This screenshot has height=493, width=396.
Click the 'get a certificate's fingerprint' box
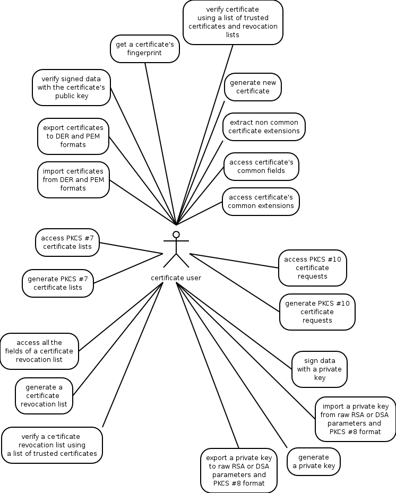point(145,49)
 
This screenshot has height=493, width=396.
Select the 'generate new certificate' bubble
point(253,87)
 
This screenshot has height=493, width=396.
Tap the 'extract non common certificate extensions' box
point(264,126)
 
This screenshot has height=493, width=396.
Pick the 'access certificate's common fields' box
point(261,166)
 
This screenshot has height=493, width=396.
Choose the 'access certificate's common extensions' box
point(261,202)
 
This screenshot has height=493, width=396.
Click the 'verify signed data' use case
point(71,87)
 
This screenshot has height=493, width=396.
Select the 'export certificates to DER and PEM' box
point(73,136)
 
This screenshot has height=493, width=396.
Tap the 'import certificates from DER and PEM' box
point(73,180)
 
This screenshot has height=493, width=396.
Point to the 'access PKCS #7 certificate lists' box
point(67,242)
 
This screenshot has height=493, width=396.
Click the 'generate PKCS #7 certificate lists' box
point(58,283)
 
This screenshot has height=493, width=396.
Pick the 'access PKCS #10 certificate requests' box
point(313,267)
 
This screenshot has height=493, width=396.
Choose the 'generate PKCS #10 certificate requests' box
point(317,312)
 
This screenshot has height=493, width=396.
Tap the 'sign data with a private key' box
point(320,369)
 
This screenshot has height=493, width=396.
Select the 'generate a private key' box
point(314,461)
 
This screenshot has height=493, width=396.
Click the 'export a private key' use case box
point(239,470)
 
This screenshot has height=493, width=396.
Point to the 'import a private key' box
point(355,419)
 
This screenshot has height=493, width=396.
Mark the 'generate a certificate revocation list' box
point(44,395)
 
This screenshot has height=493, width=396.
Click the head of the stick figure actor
point(176,235)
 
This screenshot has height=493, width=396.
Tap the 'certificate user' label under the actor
point(176,278)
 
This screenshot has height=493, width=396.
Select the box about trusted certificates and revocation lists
point(233,22)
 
